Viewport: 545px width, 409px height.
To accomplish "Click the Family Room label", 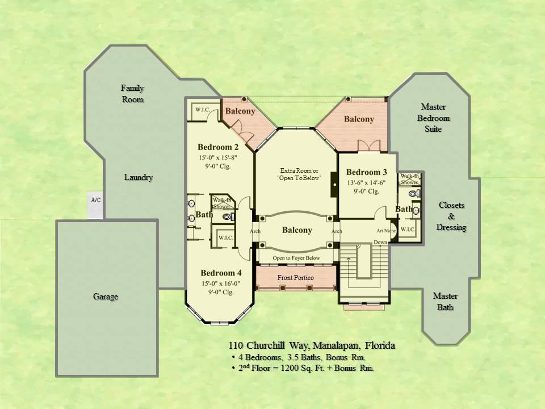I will click(132, 94).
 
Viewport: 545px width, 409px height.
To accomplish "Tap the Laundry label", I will click(139, 177).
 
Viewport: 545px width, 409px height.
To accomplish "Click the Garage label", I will click(107, 297).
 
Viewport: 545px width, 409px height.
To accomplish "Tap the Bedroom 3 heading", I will click(366, 172).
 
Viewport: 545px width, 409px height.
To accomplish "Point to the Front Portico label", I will click(295, 278).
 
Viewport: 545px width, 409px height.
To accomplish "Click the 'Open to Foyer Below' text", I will click(296, 258).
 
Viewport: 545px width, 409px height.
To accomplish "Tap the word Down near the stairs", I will click(380, 242).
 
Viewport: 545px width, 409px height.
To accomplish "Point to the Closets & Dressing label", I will click(451, 216).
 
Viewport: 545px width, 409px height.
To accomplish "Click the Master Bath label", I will click(445, 302).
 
